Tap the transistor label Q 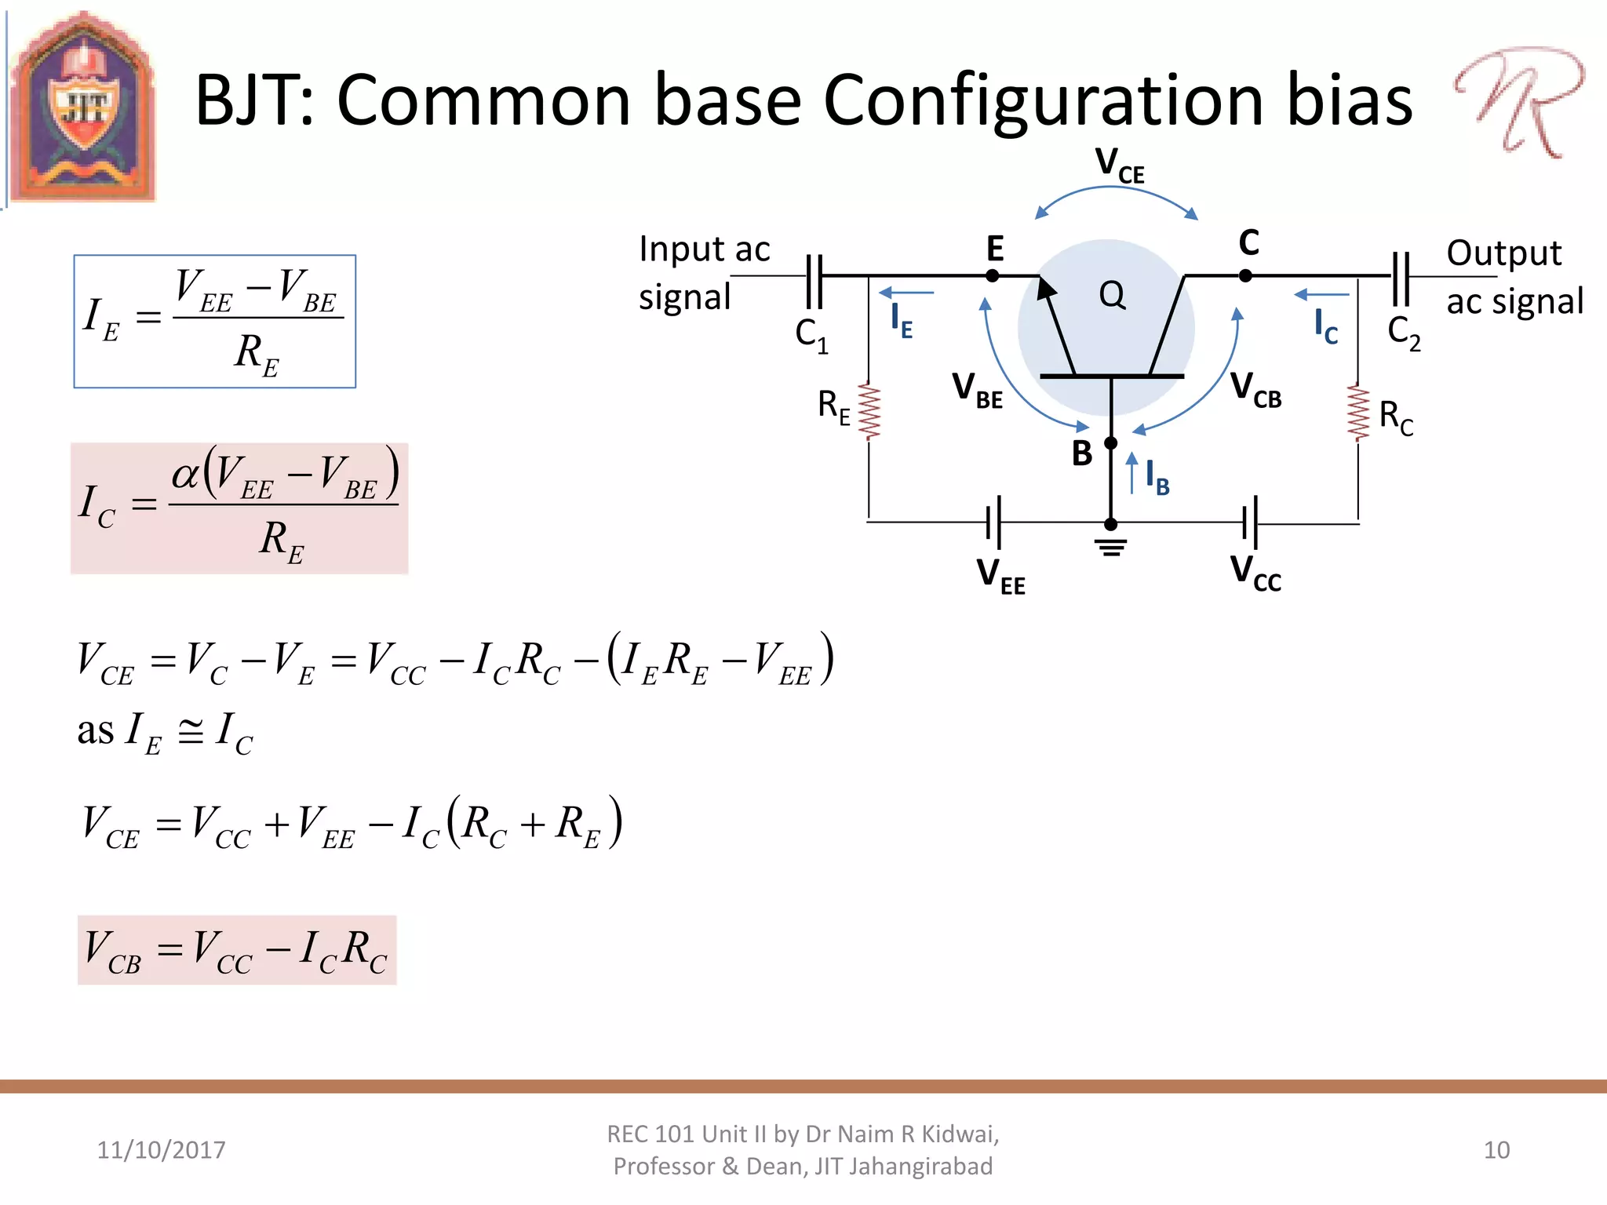(x=1112, y=295)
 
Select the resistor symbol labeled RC (x=1358, y=413)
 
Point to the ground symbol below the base (x=1111, y=547)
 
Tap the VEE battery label (x=1000, y=575)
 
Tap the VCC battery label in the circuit (x=1255, y=573)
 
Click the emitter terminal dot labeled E (x=993, y=276)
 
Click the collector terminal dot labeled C (x=1245, y=276)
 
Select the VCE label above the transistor (x=1119, y=166)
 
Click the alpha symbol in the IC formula (x=186, y=475)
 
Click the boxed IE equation (x=215, y=322)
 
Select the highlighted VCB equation (x=237, y=950)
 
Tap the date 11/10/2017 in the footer (x=161, y=1150)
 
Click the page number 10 (x=1496, y=1150)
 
